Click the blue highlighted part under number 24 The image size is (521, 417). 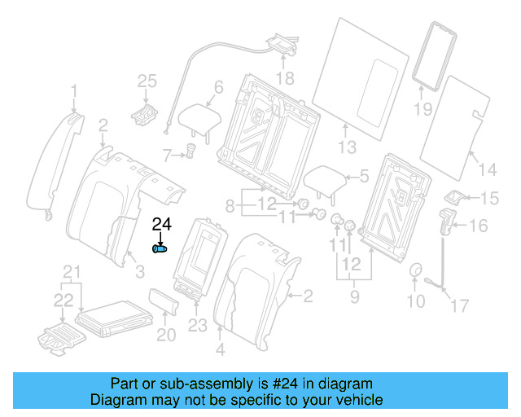pyautogui.click(x=160, y=248)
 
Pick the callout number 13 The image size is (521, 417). pyautogui.click(x=348, y=147)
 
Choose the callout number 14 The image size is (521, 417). pyautogui.click(x=486, y=169)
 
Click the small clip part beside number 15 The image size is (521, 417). pyautogui.click(x=454, y=197)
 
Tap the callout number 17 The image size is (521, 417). pyautogui.click(x=461, y=305)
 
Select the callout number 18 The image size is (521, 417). pyautogui.click(x=283, y=78)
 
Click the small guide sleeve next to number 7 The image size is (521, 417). pyautogui.click(x=191, y=151)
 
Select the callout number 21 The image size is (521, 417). pyautogui.click(x=72, y=271)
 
